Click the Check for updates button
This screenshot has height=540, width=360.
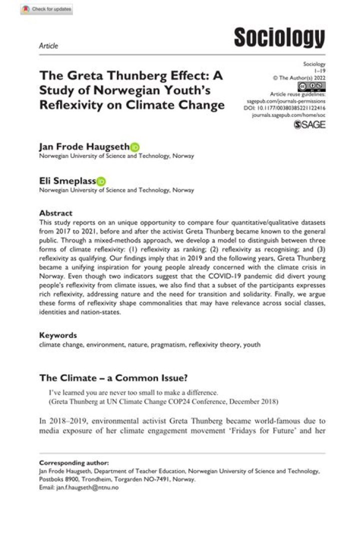point(46,9)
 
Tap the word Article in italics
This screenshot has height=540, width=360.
point(48,46)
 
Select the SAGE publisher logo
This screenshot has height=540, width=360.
point(310,124)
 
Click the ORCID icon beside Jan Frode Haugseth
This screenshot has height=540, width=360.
point(135,147)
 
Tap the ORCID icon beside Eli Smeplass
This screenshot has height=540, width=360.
point(101,181)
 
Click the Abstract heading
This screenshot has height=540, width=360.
point(55,212)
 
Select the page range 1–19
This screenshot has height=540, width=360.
point(318,71)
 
